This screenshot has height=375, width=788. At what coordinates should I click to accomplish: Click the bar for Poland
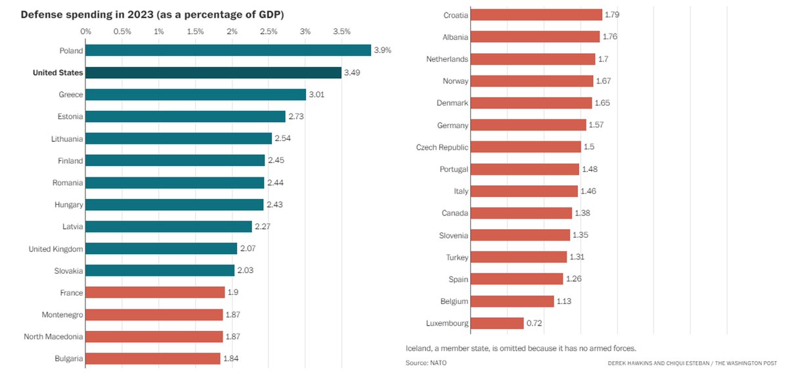pos(228,51)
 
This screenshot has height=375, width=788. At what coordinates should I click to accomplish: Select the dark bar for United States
pos(213,73)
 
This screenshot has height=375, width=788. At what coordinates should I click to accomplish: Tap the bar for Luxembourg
pos(497,323)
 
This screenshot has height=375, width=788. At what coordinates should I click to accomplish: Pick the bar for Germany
pos(529,125)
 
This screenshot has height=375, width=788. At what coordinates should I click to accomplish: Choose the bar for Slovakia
pos(160,271)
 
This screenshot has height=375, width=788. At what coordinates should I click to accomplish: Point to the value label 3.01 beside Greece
pos(317,95)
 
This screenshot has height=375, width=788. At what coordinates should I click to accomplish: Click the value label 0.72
pos(535,323)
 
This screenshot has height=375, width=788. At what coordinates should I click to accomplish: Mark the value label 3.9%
pos(382,51)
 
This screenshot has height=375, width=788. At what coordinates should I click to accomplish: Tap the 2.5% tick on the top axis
pos(269,32)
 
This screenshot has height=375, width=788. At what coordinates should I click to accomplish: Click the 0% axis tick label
pos(86,32)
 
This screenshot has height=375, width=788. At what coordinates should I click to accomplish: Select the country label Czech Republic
pos(442,147)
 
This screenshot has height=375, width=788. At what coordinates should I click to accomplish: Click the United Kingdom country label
pos(56,249)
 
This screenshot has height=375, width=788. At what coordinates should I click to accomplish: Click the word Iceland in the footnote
pos(420,348)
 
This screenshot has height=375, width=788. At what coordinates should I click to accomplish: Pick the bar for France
pos(155,293)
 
